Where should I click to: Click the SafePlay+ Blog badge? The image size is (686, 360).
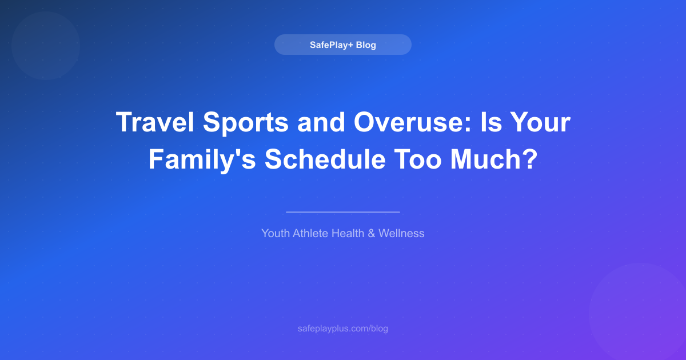(343, 45)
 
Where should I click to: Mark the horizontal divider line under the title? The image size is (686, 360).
(343, 212)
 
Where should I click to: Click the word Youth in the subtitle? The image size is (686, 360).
(275, 233)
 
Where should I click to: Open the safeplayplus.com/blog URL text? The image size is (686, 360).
(343, 329)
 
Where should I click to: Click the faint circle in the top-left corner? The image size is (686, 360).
(46, 46)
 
